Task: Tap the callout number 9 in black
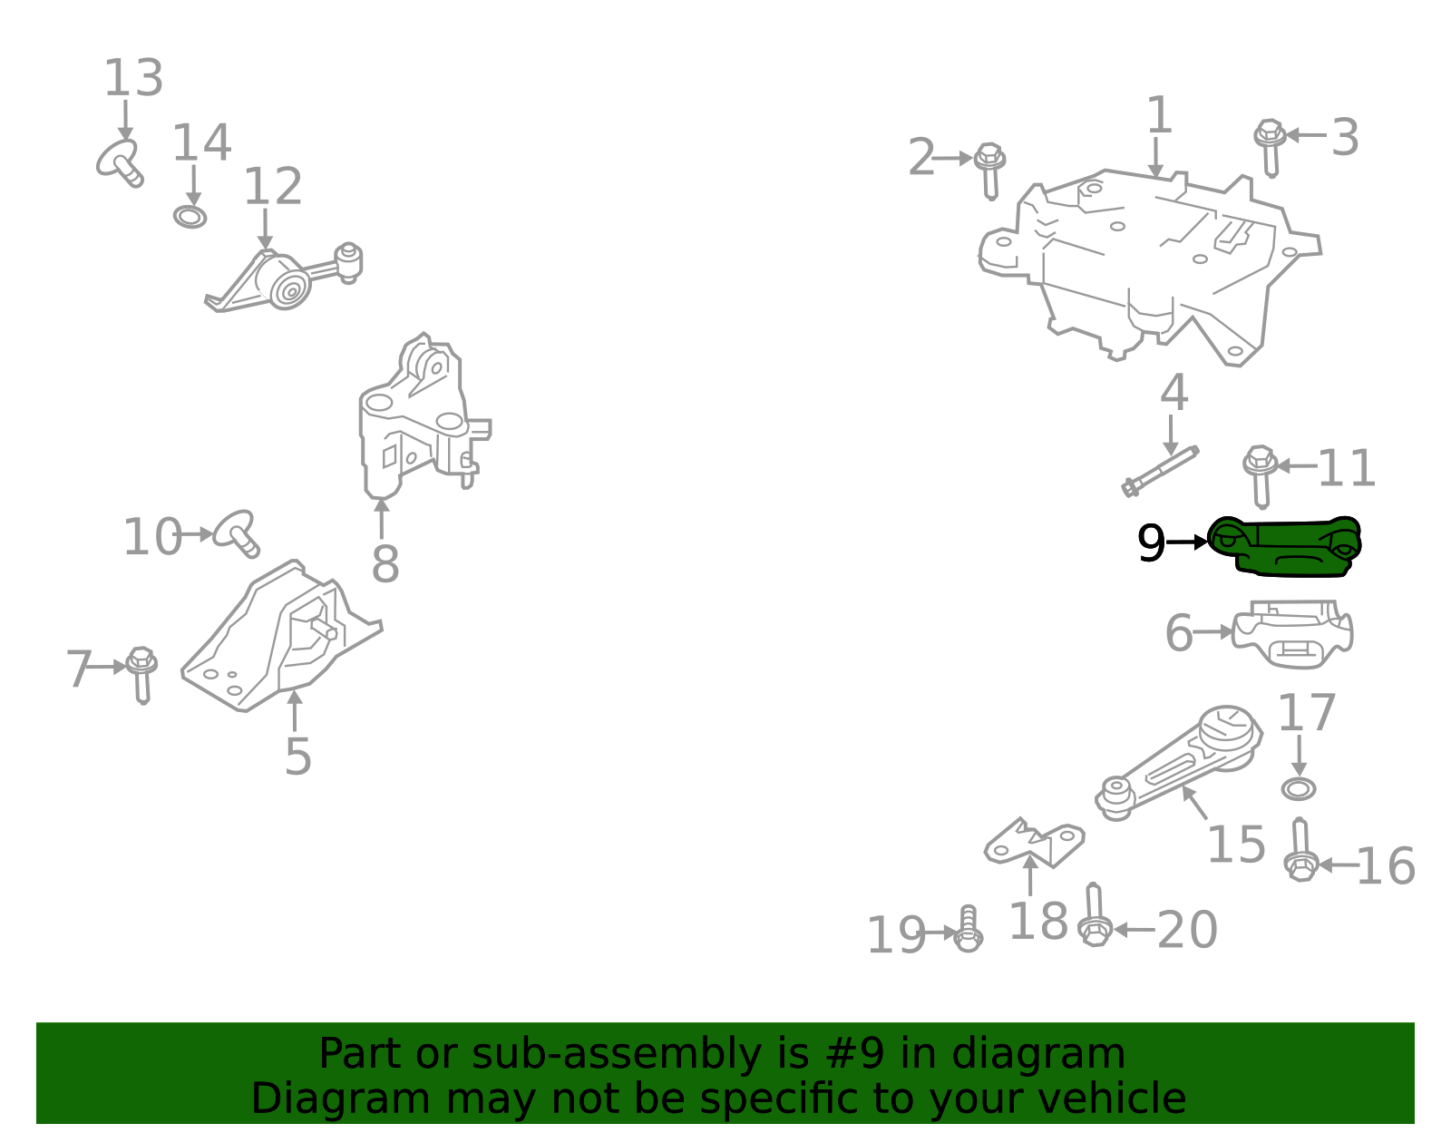coord(1151,544)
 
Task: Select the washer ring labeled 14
coord(190,217)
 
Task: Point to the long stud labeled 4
coord(1161,472)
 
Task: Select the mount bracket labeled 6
coord(1292,635)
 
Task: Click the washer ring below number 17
coord(1299,788)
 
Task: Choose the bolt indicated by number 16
coord(1301,851)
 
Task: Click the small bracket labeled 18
coord(1034,843)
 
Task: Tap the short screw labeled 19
coord(968,929)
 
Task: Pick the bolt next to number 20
coord(1095,918)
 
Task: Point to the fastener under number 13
coord(121,163)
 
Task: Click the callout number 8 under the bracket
coord(385,564)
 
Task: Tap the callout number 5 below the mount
coord(297,756)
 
